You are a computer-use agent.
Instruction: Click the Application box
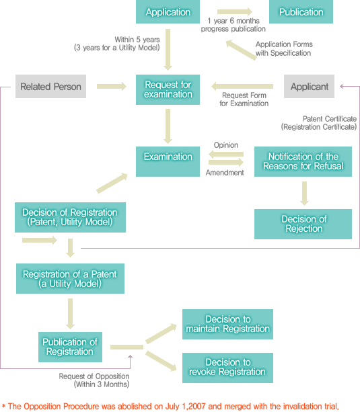[x=168, y=12]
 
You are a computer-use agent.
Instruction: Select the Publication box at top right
[x=301, y=12]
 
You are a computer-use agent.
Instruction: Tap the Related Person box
[x=50, y=87]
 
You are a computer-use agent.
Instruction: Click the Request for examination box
[x=168, y=89]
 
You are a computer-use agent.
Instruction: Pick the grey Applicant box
[x=310, y=87]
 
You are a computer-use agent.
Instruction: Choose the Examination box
[x=168, y=161]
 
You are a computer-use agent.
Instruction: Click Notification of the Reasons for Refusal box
[x=303, y=161]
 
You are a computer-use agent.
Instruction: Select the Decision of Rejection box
[x=303, y=224]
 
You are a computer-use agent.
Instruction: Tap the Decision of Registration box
[x=70, y=217]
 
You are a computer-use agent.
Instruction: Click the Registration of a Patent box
[x=70, y=278]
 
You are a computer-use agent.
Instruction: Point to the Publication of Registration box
[x=70, y=347]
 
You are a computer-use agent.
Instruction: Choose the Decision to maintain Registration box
[x=227, y=324]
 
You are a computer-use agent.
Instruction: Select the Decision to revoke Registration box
[x=227, y=368]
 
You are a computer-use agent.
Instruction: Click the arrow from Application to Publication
[x=235, y=11]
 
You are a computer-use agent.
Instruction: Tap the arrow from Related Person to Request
[x=112, y=87]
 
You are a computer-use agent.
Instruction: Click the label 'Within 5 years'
[x=137, y=40]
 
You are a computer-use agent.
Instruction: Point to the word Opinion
[x=226, y=145]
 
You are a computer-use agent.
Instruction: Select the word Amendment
[x=225, y=173]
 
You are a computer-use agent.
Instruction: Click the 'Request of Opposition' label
[x=94, y=376]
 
